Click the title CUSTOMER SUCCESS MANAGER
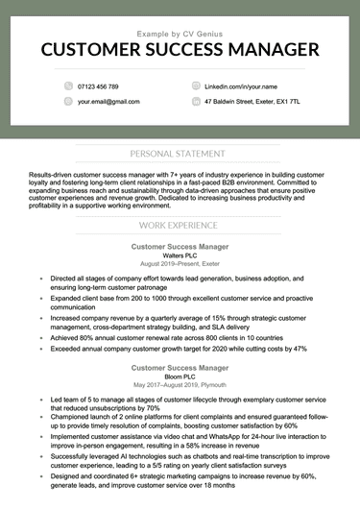click(180, 50)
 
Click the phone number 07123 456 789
click(98, 86)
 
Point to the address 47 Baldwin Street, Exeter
click(252, 101)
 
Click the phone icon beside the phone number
click(68, 86)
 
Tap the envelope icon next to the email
click(68, 101)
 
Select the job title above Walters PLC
click(180, 246)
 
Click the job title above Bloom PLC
click(180, 366)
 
